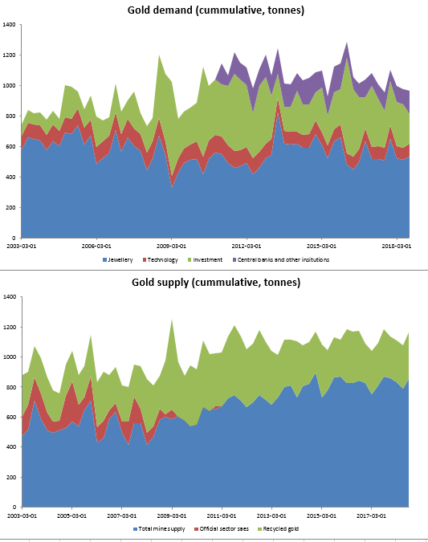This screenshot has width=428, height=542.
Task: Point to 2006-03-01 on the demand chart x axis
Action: (96, 246)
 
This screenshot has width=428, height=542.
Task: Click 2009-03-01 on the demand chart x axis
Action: (171, 246)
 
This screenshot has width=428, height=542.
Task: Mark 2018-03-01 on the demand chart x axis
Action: (396, 246)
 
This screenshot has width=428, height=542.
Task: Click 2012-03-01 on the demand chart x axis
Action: (246, 246)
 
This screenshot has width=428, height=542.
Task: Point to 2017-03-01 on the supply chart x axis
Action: (371, 516)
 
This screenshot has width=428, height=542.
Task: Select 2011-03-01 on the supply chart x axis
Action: (221, 516)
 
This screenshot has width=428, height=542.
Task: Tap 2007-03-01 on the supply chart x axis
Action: (121, 516)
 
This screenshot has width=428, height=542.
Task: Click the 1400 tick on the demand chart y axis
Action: (10, 25)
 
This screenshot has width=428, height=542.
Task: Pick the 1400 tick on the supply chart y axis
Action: (10, 297)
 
